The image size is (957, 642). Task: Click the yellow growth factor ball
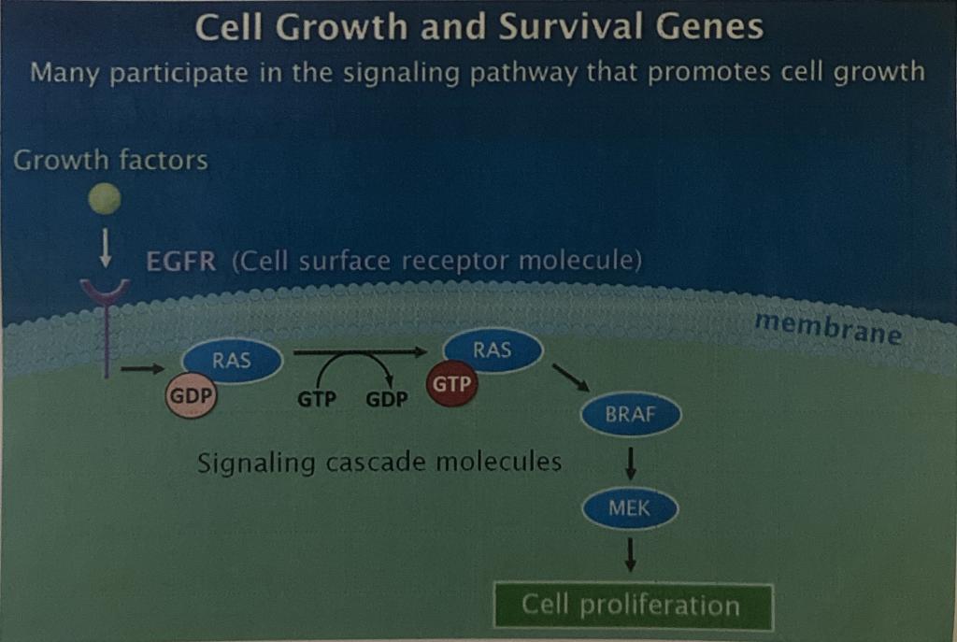click(105, 199)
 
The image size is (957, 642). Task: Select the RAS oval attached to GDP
click(232, 360)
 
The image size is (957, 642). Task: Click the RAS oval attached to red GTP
click(493, 350)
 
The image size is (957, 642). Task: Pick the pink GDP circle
click(191, 396)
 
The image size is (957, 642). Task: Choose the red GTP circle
click(451, 384)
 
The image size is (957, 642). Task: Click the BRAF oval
click(631, 414)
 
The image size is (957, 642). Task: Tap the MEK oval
click(630, 507)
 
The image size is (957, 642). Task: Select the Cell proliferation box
click(633, 606)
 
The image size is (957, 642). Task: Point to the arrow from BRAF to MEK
click(631, 464)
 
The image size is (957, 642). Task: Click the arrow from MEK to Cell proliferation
click(631, 554)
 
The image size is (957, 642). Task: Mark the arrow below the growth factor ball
click(106, 248)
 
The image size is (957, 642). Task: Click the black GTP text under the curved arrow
click(317, 399)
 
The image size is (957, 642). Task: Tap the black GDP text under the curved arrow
click(387, 399)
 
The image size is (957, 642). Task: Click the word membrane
click(828, 329)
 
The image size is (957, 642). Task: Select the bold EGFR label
click(181, 262)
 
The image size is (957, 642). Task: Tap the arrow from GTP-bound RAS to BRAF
click(571, 378)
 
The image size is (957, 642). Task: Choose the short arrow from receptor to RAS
click(143, 368)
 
